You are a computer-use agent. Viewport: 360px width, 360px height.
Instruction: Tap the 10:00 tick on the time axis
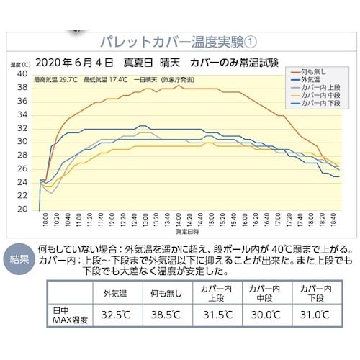(x=45, y=220)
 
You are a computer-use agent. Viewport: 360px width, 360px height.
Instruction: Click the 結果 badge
(x=18, y=258)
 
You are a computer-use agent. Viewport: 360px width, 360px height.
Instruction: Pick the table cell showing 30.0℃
(x=264, y=315)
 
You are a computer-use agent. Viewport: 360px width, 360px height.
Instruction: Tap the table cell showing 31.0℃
(x=315, y=315)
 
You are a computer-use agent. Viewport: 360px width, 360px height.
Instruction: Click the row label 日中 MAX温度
(x=68, y=315)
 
